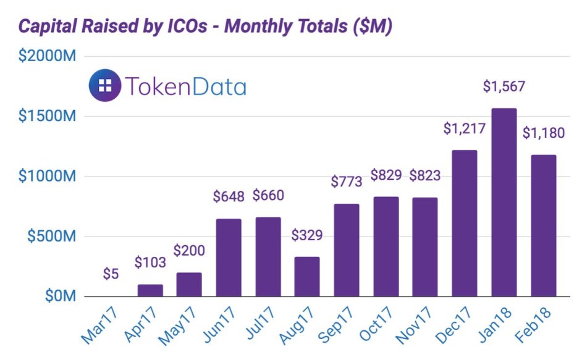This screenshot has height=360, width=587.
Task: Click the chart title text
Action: point(205,27)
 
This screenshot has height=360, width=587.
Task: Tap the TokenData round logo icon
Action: point(104,85)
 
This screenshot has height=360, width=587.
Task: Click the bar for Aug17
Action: point(306,277)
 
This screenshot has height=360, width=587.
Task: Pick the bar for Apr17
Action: point(150,290)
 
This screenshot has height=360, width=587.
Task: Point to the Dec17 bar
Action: point(464,224)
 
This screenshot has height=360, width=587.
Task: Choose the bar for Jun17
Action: point(229,257)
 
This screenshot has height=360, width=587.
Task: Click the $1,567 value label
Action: point(504,86)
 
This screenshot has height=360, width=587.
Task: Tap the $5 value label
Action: point(111,274)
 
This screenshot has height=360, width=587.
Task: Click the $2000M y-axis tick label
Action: point(47,57)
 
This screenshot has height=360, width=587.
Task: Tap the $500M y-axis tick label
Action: point(51,237)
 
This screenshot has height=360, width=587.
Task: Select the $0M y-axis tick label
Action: point(59,296)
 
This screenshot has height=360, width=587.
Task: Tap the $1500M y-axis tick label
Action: point(47,117)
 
